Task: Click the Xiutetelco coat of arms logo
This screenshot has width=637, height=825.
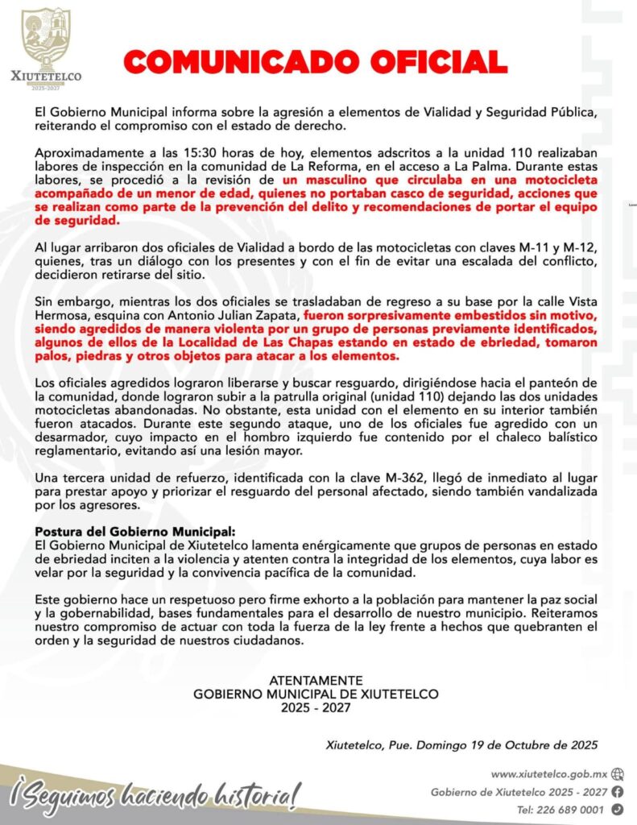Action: (45, 40)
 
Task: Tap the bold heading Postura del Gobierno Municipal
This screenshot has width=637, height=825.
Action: (136, 533)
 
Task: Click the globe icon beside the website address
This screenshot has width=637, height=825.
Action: (617, 773)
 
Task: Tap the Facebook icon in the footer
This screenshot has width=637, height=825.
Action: (617, 791)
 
